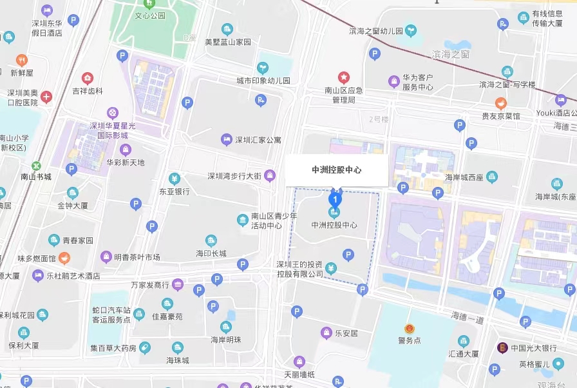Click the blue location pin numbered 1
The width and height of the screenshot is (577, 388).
pos(334,199)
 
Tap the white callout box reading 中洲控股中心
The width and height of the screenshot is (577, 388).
pos(337,170)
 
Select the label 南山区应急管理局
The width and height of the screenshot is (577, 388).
pos(343,95)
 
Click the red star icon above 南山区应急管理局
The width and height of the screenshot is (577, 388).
pos(344,77)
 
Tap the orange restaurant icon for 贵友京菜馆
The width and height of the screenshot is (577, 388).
pos(500,103)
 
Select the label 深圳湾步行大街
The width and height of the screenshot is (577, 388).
pos(234,176)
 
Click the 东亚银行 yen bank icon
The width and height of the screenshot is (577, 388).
pos(174,179)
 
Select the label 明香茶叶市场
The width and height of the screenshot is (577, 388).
pos(137,257)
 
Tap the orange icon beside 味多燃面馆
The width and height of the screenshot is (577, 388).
pos(64,258)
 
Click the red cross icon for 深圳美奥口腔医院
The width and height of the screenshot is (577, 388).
pos(46,97)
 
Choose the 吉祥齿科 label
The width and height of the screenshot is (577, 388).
pos(88,92)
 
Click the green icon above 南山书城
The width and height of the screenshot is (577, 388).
pos(36,166)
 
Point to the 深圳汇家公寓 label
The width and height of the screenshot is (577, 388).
pos(258,140)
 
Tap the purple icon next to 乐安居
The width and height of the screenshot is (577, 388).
pos(326,333)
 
